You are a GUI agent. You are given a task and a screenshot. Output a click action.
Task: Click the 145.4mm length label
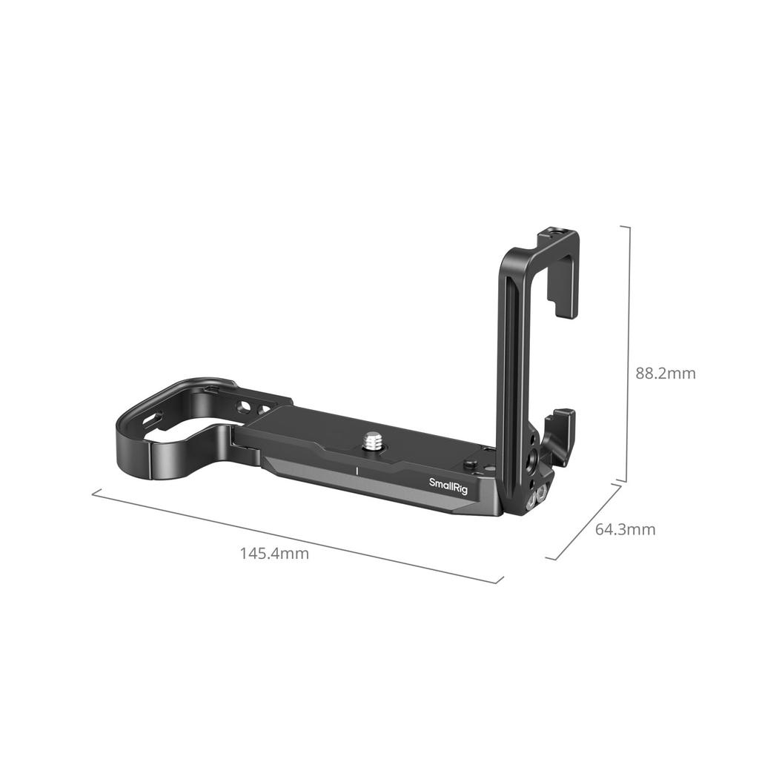click(x=274, y=553)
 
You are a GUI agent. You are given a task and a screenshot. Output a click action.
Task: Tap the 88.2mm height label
click(x=665, y=373)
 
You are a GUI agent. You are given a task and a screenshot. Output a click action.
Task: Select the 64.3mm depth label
click(x=625, y=529)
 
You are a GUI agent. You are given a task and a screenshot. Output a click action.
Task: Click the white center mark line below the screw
click(x=357, y=471)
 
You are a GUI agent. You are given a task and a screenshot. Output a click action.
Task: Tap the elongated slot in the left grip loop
click(x=153, y=420)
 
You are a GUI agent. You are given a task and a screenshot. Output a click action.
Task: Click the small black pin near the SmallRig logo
click(x=468, y=465)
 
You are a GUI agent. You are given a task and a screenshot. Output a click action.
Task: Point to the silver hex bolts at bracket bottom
click(x=536, y=497)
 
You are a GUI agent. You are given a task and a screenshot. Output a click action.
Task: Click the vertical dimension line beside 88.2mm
click(x=629, y=354)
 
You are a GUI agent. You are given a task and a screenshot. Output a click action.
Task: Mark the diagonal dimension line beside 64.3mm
click(x=584, y=522)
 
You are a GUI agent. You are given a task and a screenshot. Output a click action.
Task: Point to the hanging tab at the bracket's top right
click(x=563, y=296)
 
